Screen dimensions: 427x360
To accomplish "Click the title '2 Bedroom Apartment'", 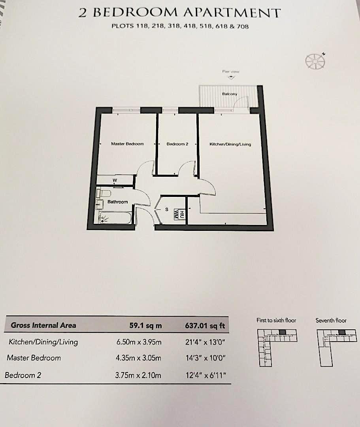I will [179, 12].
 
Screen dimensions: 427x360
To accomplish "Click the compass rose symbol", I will [315, 60].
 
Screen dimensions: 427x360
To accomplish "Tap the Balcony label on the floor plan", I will [229, 94].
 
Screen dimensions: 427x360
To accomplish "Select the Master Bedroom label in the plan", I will [127, 144].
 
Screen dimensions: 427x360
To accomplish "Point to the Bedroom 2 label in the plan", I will [177, 144].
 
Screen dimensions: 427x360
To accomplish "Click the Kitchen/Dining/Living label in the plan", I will [230, 144].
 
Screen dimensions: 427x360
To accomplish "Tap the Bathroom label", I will [118, 202].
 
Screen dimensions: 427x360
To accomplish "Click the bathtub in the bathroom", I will [115, 218].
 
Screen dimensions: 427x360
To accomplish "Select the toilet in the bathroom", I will [104, 193].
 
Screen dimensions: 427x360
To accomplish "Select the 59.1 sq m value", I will [145, 326].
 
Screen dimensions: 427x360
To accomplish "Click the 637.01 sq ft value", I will [205, 326].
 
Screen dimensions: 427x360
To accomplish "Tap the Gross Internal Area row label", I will [43, 325].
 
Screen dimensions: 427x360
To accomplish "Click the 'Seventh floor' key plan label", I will [331, 320].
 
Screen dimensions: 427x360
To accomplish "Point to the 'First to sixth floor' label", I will [276, 320].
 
